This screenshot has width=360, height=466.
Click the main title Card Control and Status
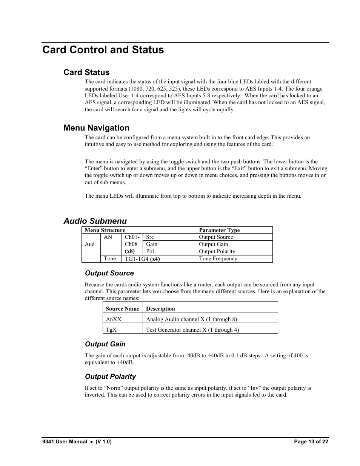(x=103, y=50)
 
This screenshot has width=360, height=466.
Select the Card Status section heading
(x=86, y=72)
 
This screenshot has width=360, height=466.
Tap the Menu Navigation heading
(x=96, y=128)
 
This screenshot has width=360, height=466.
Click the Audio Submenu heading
(x=95, y=221)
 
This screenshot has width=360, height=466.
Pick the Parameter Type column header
(x=219, y=230)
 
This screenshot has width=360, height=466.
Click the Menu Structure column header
(x=105, y=230)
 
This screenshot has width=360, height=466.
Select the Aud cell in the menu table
(x=90, y=244)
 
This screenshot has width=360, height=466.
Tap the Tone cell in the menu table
(x=110, y=259)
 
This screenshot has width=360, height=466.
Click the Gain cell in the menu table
(x=152, y=245)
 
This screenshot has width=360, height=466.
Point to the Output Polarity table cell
(x=217, y=252)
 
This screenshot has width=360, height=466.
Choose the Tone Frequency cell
(x=218, y=259)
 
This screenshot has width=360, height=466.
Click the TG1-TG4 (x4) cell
(x=142, y=259)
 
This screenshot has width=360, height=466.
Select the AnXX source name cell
(x=114, y=319)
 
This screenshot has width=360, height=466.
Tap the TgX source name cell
(x=111, y=330)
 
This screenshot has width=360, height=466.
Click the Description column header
(x=160, y=309)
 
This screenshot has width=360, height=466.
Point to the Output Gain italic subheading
(x=105, y=344)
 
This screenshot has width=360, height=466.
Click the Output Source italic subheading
(x=109, y=273)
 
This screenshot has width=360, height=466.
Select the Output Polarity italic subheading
(x=110, y=377)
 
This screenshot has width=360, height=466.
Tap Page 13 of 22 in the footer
(x=311, y=442)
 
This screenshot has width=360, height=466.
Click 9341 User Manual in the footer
(x=65, y=442)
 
